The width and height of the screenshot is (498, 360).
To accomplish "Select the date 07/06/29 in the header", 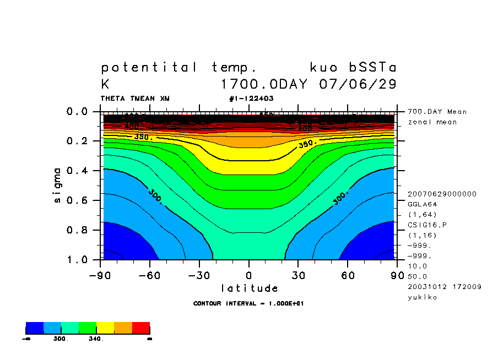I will (x=358, y=85).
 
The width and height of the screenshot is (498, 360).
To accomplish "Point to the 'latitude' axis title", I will (x=249, y=288).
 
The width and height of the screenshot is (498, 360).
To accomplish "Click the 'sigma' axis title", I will (x=58, y=186).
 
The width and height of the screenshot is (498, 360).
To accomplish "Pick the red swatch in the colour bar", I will (x=141, y=328).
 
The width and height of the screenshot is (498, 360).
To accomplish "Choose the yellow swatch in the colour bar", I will (x=105, y=328).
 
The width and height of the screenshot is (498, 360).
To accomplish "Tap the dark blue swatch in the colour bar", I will (x=35, y=328).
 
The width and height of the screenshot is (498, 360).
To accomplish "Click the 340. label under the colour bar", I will (x=95, y=339).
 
